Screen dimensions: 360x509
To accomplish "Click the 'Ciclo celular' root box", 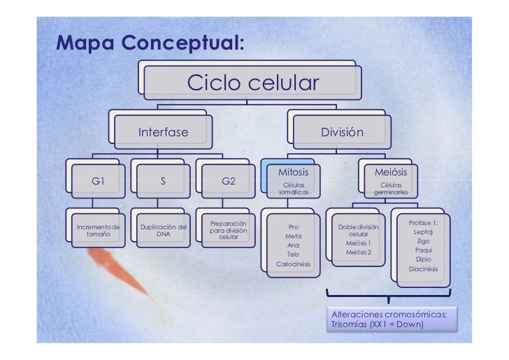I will coord(252,85).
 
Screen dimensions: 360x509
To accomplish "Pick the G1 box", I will coord(99,180).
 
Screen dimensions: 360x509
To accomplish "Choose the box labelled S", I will coord(162,180).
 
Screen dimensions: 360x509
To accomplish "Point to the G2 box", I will coord(229,180).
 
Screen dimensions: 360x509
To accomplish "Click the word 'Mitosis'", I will coord(293,172).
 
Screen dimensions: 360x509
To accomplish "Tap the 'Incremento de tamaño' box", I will coord(98,231).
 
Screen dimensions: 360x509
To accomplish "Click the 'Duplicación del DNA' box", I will coord(163,231).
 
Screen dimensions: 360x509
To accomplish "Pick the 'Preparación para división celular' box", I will coord(229,229).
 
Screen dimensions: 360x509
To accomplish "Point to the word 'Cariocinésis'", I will coord(294,265).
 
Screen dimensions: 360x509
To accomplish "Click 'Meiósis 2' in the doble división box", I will coord(359,252).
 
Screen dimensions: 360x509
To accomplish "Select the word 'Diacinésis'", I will coord(423,268).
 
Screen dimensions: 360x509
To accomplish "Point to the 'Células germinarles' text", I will coord(391,188).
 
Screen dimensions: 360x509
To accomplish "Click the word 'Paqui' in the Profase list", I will coord(423,250).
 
